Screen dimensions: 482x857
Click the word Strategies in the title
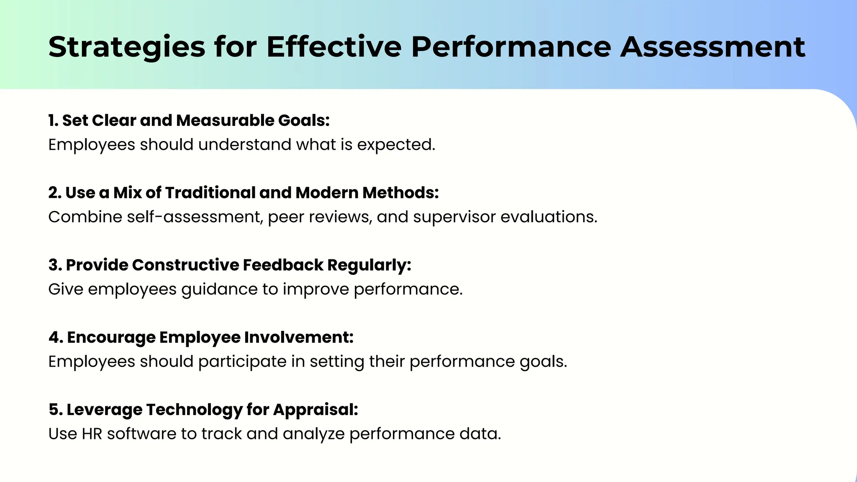[x=127, y=47]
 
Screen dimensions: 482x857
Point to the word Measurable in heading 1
[x=225, y=120]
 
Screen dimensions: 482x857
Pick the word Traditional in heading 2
[x=210, y=193]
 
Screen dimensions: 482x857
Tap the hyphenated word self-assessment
[x=195, y=217]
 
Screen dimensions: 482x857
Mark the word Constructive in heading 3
[x=185, y=265]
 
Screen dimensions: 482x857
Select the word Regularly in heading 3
[x=369, y=265]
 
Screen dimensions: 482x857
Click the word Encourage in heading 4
[x=111, y=338]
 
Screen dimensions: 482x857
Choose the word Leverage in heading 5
[x=104, y=410]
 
